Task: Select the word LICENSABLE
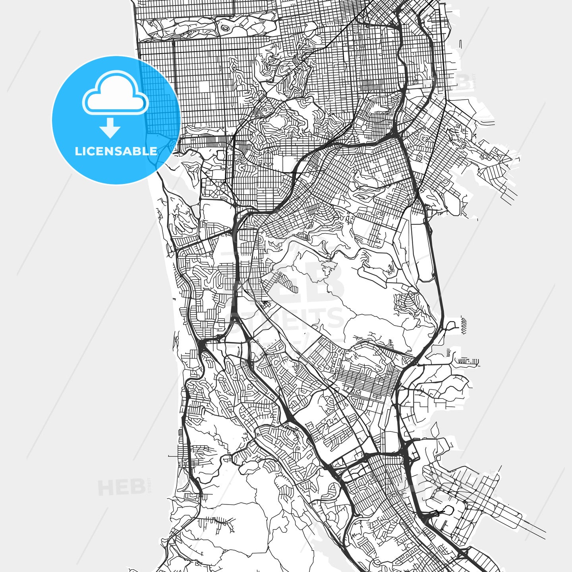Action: (116, 151)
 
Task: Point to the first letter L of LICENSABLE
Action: (78, 151)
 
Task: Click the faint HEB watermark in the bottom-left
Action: (122, 487)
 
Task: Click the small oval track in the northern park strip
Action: (225, 28)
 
